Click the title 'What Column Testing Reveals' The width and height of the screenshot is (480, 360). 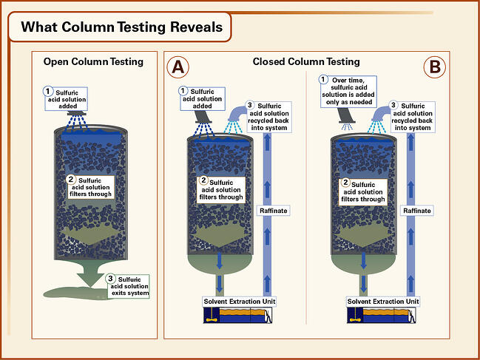[x=121, y=27]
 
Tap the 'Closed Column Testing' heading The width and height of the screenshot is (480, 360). [x=305, y=61]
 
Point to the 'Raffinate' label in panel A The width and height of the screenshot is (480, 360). [x=272, y=211]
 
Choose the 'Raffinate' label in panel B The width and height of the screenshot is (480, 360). [x=417, y=211]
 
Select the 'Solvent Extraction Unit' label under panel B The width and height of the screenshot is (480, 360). [x=383, y=301]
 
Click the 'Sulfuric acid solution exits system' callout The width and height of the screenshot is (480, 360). [x=128, y=285]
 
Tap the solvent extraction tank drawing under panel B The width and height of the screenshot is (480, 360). [x=383, y=316]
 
